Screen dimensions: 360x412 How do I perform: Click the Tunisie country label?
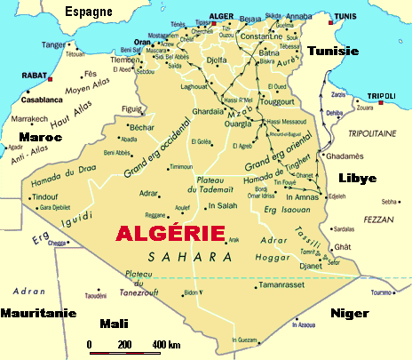tap(332, 52)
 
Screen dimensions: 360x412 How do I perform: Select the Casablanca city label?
tap(33, 99)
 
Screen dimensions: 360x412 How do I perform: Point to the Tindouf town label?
tap(45, 196)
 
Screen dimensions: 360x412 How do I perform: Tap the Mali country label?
tap(115, 324)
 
